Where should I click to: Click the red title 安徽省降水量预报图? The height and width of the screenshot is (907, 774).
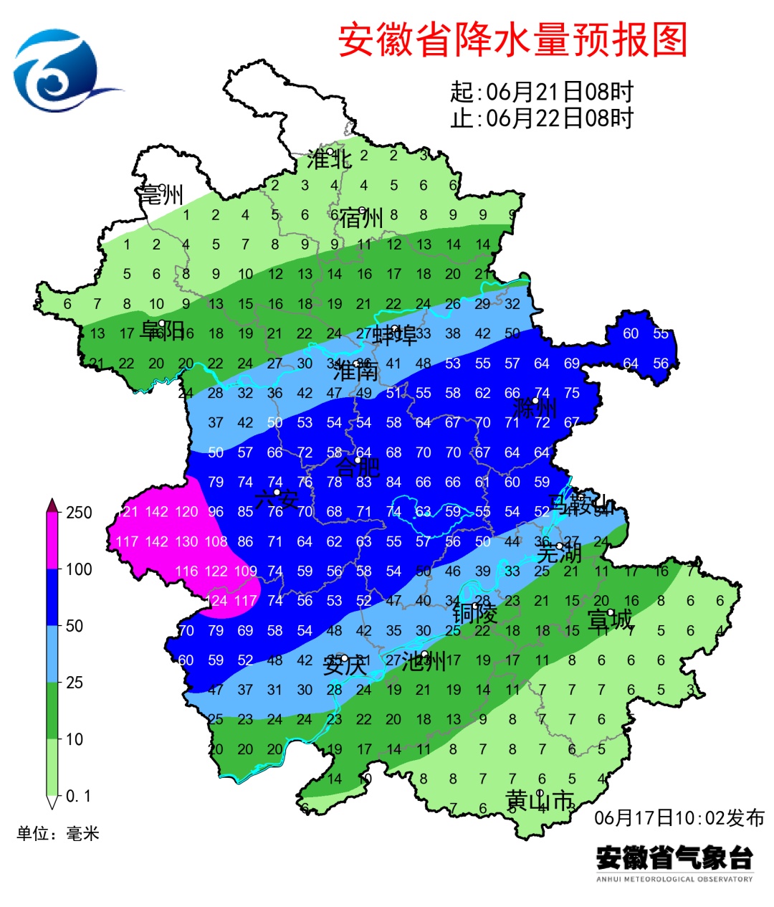[512, 40]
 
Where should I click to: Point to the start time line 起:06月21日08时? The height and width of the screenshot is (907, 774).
[542, 92]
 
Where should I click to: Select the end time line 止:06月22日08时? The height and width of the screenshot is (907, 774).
[542, 118]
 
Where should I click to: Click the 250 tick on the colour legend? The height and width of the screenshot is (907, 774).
[79, 513]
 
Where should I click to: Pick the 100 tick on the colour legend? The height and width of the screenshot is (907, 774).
[79, 569]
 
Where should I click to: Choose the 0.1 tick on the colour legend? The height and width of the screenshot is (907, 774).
[78, 796]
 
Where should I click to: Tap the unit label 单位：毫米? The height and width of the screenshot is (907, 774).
[58, 833]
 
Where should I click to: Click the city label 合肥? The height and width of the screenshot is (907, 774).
[357, 467]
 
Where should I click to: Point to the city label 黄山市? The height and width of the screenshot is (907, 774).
[540, 799]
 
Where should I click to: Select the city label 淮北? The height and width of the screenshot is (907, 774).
[329, 158]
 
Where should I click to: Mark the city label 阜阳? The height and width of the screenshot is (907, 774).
[162, 331]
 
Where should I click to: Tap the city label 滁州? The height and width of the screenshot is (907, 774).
[535, 408]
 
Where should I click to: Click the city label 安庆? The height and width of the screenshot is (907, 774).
[345, 665]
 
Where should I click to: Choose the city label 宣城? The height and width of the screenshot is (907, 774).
[610, 619]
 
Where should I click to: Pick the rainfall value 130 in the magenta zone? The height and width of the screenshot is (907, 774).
[186, 541]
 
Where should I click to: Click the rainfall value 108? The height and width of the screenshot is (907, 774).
[216, 541]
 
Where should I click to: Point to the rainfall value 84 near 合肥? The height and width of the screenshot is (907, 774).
[393, 482]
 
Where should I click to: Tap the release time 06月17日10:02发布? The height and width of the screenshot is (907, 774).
[679, 817]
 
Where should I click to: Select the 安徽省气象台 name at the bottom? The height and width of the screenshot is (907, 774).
[674, 858]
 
